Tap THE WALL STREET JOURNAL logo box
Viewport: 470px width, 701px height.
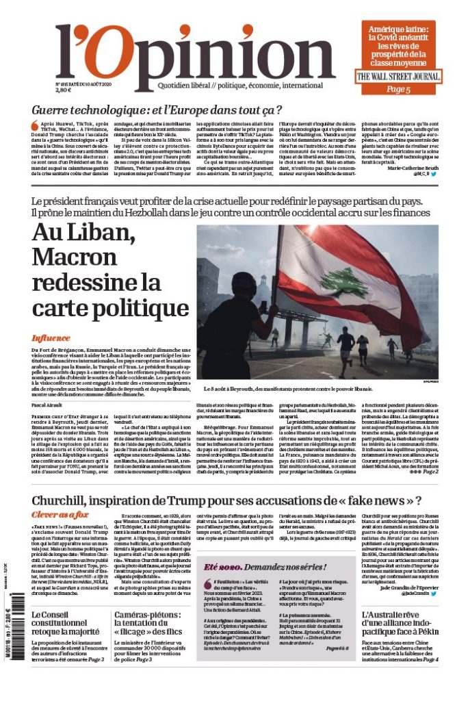(398, 77)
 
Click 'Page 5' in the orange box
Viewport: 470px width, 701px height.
(398, 89)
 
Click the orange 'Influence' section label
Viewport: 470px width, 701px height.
(51, 337)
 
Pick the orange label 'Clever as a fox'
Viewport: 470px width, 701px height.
(60, 513)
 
